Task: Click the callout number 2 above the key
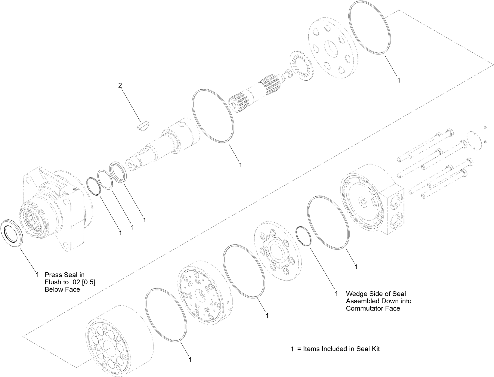(x=120, y=85)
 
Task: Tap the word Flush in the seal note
(x=53, y=282)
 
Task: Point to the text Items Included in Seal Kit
(x=341, y=349)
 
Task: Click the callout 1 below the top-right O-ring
(x=399, y=80)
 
